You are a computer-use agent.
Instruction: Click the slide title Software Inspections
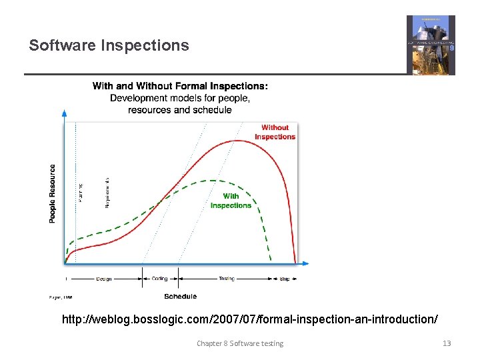click(x=109, y=45)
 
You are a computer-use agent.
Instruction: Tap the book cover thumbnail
click(x=431, y=45)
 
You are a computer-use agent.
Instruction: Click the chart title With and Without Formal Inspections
click(x=180, y=86)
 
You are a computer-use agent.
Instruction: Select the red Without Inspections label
click(x=275, y=132)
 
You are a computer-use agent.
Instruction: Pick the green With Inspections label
click(x=231, y=201)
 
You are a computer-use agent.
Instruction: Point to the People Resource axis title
click(x=53, y=193)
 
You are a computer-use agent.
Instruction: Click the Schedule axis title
click(x=180, y=297)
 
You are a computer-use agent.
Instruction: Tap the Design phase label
click(x=103, y=279)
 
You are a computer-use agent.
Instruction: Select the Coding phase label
click(x=160, y=279)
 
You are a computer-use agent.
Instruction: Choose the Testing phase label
click(x=227, y=279)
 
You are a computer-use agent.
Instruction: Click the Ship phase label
click(x=285, y=279)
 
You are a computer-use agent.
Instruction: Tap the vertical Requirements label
click(x=107, y=192)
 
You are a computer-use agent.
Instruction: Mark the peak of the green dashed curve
click(x=212, y=180)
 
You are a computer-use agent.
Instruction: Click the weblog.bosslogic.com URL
click(x=250, y=320)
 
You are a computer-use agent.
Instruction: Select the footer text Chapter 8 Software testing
click(x=239, y=343)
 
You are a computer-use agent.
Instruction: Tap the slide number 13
click(x=447, y=343)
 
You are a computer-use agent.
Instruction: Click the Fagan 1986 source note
click(x=61, y=297)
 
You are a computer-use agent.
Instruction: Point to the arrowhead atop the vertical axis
click(x=65, y=113)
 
